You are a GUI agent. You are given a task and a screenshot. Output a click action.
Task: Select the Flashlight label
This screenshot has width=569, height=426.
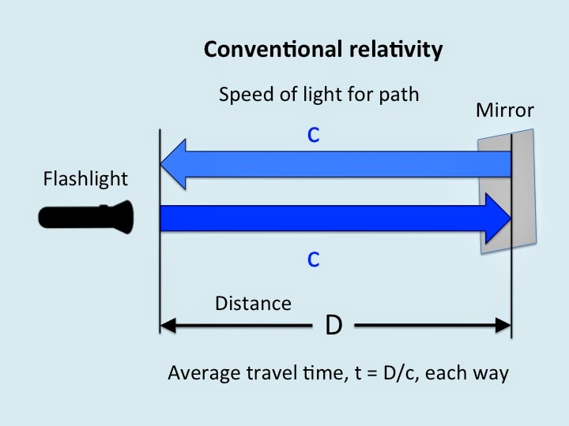click(85, 179)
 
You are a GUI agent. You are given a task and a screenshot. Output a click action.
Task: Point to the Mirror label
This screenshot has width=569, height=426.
click(505, 110)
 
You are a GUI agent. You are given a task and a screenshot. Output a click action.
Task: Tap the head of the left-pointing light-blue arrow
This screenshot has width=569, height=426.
click(174, 164)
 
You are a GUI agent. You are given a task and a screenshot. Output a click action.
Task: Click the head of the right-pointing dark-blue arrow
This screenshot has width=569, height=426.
click(498, 217)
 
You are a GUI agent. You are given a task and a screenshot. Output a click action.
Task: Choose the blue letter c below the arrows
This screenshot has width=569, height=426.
click(314, 260)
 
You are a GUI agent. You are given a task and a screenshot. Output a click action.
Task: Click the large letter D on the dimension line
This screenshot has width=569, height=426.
click(334, 325)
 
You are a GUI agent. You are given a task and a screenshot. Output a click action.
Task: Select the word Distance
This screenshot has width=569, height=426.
click(253, 303)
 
